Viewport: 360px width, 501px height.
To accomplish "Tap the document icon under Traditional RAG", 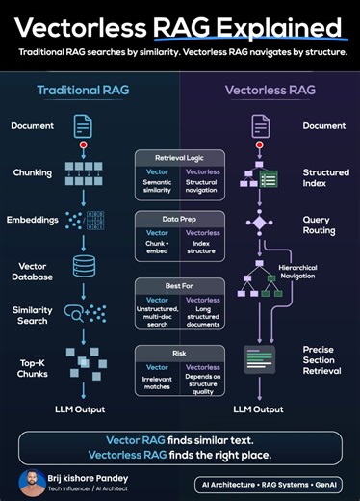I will (x=84, y=125).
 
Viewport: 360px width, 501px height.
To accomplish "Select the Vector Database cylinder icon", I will (x=84, y=266).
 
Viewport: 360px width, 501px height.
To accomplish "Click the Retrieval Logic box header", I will (x=179, y=156).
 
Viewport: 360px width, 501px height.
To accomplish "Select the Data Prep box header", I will (x=179, y=219).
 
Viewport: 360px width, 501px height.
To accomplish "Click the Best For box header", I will (x=179, y=285).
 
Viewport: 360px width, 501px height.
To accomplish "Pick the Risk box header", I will (x=179, y=353).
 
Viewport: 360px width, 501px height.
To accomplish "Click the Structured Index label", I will (x=325, y=178).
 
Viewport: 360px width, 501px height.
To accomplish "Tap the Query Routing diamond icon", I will (x=258, y=223).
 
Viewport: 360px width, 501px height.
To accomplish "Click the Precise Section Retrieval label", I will (x=324, y=362).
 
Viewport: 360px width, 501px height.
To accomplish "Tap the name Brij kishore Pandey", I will (x=95, y=476).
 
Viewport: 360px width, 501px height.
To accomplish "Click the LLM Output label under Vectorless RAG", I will (x=258, y=409).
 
